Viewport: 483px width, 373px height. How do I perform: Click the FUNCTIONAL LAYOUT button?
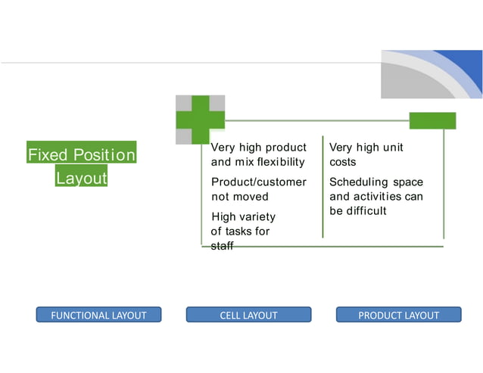[98, 315]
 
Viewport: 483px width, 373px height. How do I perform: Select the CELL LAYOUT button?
[248, 315]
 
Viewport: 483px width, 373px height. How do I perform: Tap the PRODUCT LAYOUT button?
[398, 315]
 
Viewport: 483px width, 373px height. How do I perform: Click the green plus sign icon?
[201, 120]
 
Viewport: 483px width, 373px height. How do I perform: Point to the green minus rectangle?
[432, 120]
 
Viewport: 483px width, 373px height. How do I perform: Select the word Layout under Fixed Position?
[81, 179]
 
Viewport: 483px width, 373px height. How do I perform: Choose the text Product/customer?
[258, 182]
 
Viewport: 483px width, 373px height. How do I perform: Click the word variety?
[258, 217]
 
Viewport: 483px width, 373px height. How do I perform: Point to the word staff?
[223, 246]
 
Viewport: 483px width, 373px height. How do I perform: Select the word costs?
[342, 162]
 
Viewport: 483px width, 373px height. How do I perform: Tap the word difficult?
[366, 210]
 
